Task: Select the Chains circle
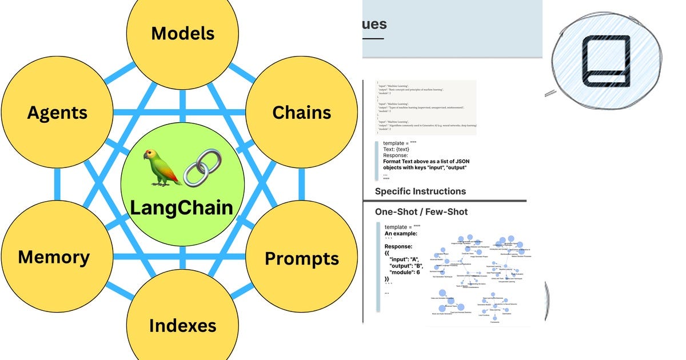pyautogui.click(x=301, y=112)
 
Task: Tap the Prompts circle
pyautogui.click(x=301, y=258)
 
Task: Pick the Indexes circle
pyautogui.click(x=182, y=326)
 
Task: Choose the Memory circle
pyautogui.click(x=54, y=257)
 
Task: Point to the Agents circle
pyautogui.click(x=57, y=112)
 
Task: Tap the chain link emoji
pyautogui.click(x=202, y=167)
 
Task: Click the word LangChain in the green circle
pyautogui.click(x=182, y=207)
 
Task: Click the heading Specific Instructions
pyautogui.click(x=420, y=191)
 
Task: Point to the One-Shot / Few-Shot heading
pyautogui.click(x=421, y=212)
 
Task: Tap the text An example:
pyautogui.click(x=401, y=234)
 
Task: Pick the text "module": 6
pyautogui.click(x=409, y=273)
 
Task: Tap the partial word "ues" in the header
pyautogui.click(x=374, y=25)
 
